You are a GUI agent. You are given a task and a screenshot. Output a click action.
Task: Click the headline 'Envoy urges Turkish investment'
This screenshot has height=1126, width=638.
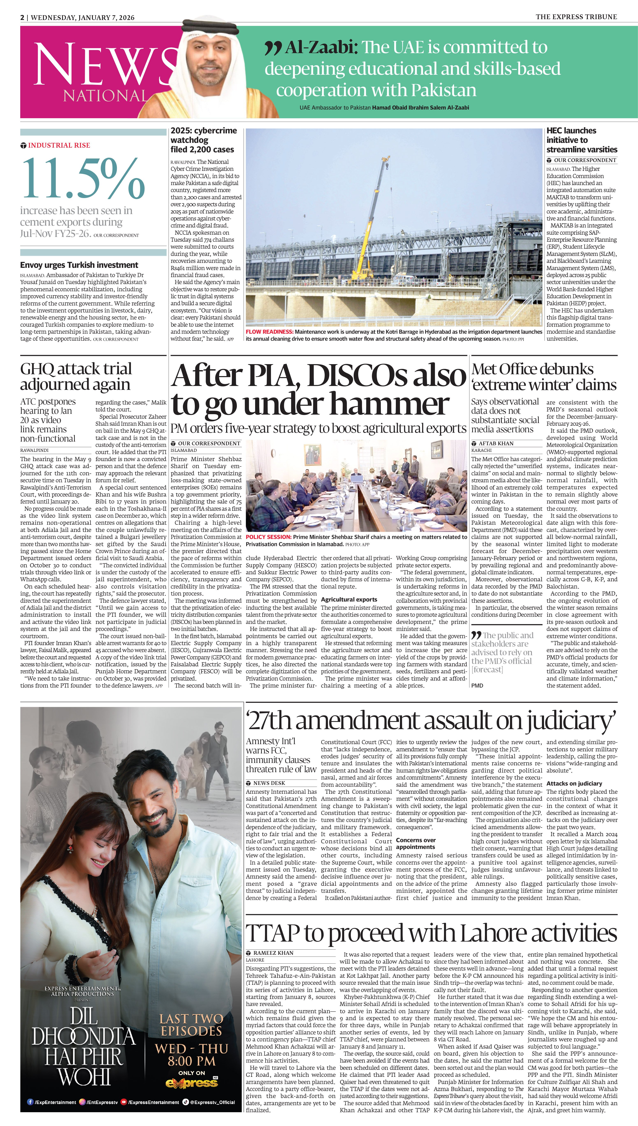coord(79,265)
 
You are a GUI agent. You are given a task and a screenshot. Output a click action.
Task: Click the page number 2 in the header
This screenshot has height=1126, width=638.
coord(22,17)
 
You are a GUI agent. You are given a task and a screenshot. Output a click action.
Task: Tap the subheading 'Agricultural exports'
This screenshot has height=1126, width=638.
coord(349,599)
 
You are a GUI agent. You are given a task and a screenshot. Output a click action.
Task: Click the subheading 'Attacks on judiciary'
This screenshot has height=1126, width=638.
coord(574,783)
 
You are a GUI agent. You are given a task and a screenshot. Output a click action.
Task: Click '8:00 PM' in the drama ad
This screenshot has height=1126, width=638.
coord(192,1061)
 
